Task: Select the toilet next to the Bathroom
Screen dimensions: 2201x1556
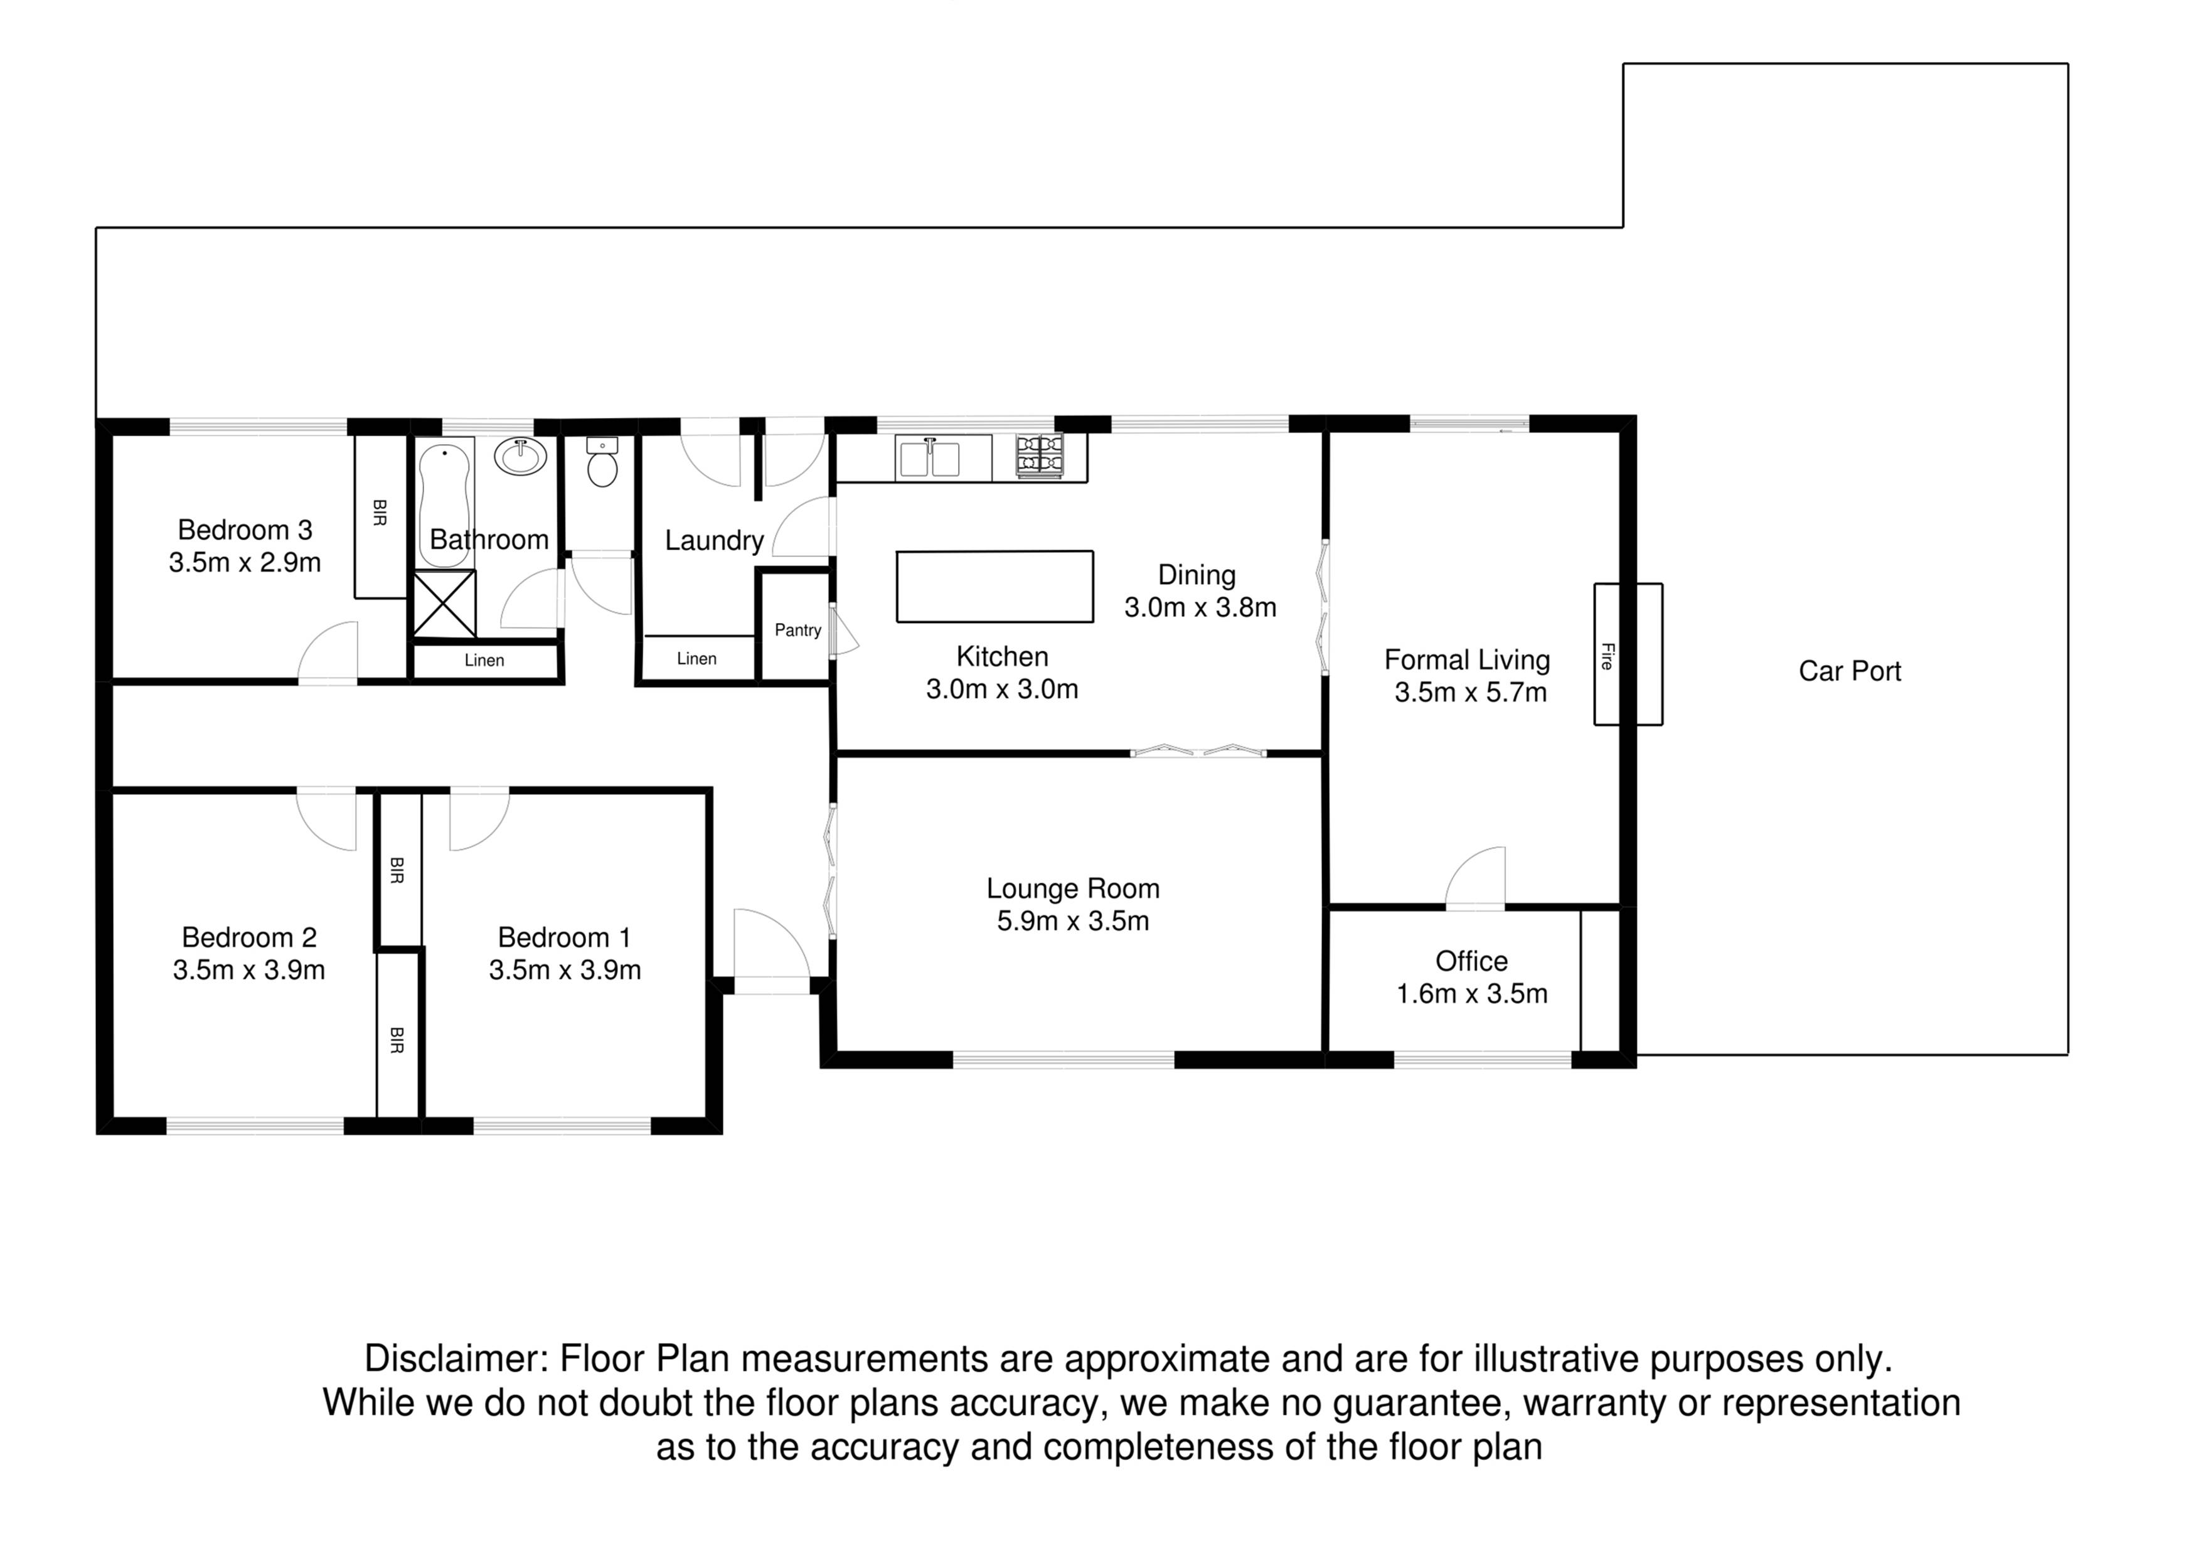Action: click(602, 462)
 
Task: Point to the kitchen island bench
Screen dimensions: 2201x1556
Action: click(995, 586)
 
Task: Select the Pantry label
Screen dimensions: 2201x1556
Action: click(797, 630)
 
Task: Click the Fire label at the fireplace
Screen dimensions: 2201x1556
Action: click(1607, 656)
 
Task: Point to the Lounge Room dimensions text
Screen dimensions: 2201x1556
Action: click(1073, 921)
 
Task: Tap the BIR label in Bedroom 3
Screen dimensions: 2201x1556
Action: click(380, 513)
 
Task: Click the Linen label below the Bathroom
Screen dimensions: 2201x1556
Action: click(484, 661)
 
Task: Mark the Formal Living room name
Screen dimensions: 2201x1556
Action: click(1467, 659)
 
